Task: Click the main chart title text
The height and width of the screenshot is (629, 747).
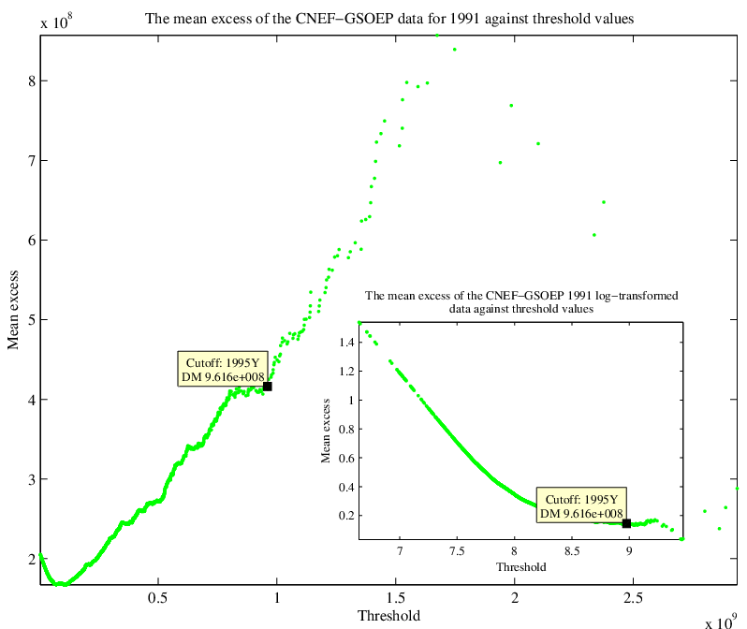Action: tap(389, 19)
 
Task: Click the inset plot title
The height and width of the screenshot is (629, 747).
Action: tap(521, 302)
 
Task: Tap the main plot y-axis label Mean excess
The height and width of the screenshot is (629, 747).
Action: tap(13, 310)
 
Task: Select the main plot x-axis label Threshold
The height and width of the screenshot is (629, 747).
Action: tap(388, 616)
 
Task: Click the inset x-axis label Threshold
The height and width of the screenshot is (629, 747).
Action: tap(521, 567)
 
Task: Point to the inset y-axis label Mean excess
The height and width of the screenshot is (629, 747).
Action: tap(326, 431)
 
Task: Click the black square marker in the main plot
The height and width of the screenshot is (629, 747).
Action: tap(268, 387)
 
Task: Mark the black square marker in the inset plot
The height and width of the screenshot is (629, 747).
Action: tap(626, 523)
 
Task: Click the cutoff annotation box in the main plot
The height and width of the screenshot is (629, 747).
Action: tap(223, 370)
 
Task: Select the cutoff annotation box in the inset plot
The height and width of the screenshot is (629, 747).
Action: tap(581, 505)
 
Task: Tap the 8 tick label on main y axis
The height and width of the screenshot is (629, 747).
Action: tap(32, 81)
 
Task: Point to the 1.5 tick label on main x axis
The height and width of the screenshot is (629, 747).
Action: tap(395, 597)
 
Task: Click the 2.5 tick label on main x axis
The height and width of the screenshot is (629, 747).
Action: tap(633, 597)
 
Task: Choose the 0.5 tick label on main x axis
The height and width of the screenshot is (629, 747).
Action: tap(157, 597)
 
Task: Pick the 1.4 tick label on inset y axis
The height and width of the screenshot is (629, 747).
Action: tap(346, 343)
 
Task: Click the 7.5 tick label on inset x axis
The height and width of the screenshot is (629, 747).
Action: tap(457, 551)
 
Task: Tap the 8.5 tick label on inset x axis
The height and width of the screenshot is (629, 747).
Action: tap(572, 551)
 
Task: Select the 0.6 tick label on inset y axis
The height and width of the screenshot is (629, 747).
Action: tap(346, 458)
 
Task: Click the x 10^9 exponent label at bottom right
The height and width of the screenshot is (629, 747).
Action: tap(722, 622)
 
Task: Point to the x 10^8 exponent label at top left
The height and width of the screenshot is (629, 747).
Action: tap(56, 22)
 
